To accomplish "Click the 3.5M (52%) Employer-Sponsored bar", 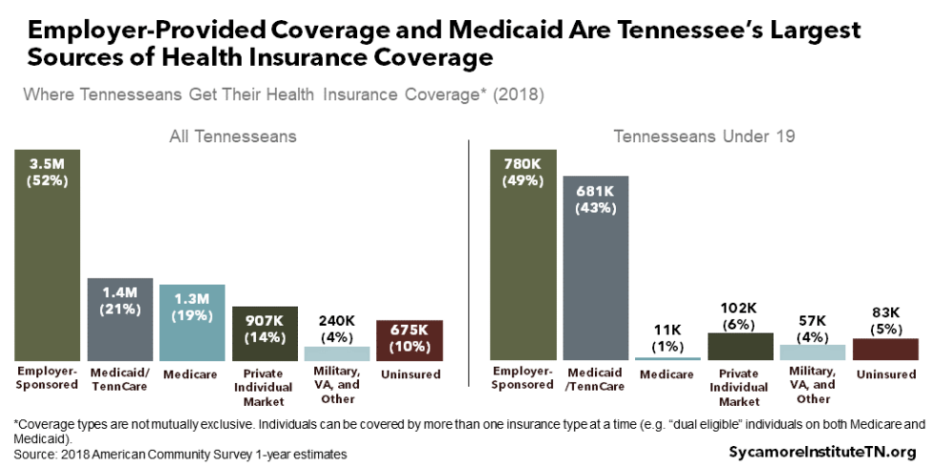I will click(x=47, y=254).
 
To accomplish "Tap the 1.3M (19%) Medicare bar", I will click(x=192, y=322).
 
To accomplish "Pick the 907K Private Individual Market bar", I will click(x=265, y=333).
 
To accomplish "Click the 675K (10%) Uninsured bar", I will click(x=409, y=339).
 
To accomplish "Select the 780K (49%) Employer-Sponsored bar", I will click(x=523, y=254).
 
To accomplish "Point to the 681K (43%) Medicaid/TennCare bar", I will click(x=595, y=267).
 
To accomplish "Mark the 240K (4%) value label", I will click(x=337, y=328).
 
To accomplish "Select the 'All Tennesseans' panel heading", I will click(x=232, y=136).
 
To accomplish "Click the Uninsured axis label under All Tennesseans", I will click(x=409, y=375).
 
